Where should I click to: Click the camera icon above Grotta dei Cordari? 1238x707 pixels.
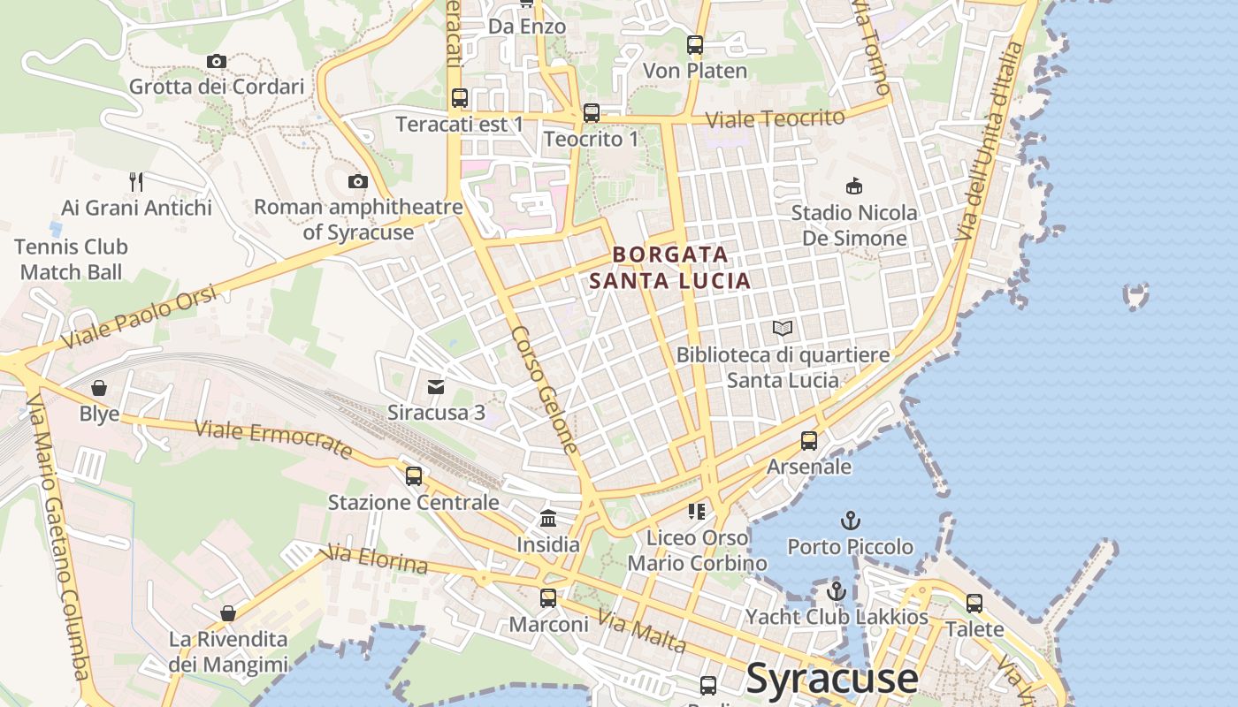(217, 61)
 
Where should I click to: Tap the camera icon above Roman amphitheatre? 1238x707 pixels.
(358, 181)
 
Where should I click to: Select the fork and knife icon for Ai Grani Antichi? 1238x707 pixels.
(136, 182)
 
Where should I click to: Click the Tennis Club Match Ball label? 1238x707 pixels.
(72, 259)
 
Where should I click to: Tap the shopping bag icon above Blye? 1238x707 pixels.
(99, 388)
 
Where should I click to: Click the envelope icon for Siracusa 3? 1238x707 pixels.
(436, 386)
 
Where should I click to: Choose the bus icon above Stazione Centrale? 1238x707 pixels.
(413, 476)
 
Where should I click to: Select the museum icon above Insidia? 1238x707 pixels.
(548, 519)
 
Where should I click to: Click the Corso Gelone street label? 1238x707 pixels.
(545, 390)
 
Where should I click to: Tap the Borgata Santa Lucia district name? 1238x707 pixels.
(670, 268)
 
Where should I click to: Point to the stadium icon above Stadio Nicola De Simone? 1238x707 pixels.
(854, 186)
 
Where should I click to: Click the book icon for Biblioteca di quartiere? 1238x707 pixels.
(783, 328)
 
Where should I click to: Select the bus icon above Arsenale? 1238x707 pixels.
(809, 440)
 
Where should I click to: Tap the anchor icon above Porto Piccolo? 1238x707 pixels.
(851, 521)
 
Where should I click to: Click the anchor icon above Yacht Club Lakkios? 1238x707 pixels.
(837, 590)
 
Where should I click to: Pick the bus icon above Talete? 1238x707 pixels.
(974, 604)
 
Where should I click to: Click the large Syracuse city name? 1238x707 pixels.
(832, 679)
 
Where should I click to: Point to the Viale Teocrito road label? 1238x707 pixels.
(775, 118)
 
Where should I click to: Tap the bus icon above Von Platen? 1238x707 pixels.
(695, 45)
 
